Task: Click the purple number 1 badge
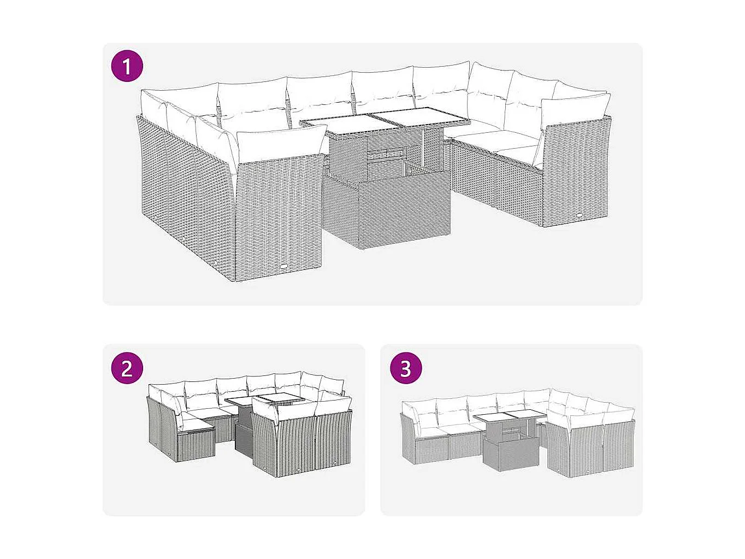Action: coord(127,67)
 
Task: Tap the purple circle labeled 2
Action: coord(127,368)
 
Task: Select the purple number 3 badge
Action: coord(405,368)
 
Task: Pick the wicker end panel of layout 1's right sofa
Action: coord(573,175)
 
